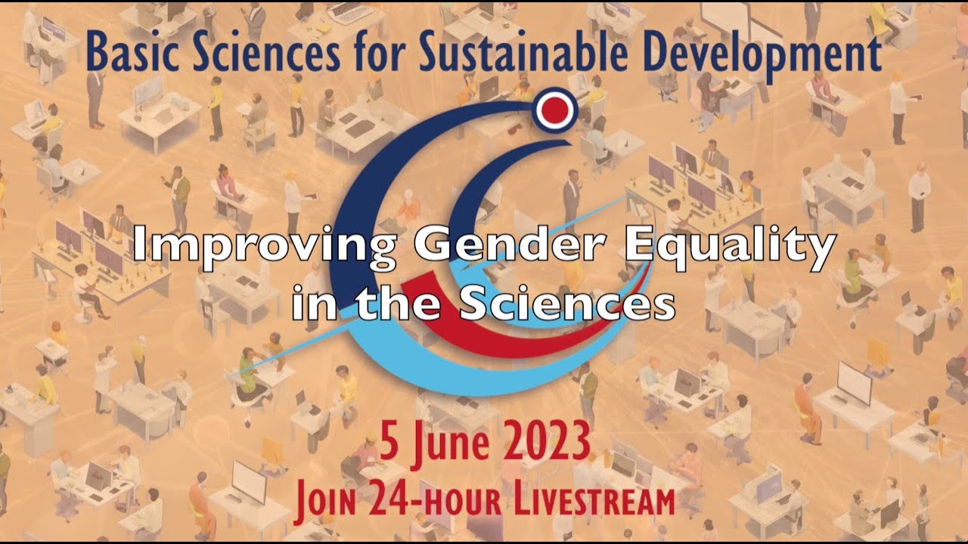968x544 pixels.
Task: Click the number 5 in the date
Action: [x=389, y=444]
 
